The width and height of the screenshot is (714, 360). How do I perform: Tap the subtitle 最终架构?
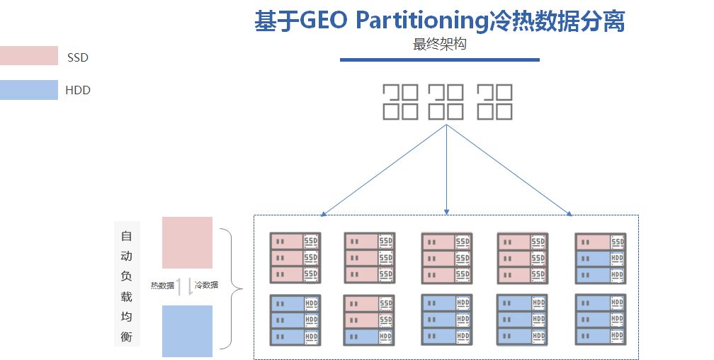pos(439,44)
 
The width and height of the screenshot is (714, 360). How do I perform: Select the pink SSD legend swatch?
pos(28,56)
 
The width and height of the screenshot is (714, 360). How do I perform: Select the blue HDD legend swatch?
pos(28,90)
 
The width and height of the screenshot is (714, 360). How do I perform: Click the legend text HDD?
pos(78,90)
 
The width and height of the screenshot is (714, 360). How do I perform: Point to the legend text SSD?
pos(78,57)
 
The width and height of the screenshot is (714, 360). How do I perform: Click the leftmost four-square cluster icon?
pos(400,101)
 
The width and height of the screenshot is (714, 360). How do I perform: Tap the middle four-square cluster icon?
pos(447,101)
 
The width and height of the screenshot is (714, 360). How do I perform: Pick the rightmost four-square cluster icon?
pos(494,101)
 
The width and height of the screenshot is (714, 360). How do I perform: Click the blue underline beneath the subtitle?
pos(439,60)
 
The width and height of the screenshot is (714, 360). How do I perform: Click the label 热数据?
pos(162,286)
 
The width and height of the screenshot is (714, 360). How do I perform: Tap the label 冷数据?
pos(206,285)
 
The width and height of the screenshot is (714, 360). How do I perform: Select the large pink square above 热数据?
pos(187,242)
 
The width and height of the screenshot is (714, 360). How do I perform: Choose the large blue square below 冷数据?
pos(187,331)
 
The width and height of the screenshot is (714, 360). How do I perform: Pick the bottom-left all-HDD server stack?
pos(295,320)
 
